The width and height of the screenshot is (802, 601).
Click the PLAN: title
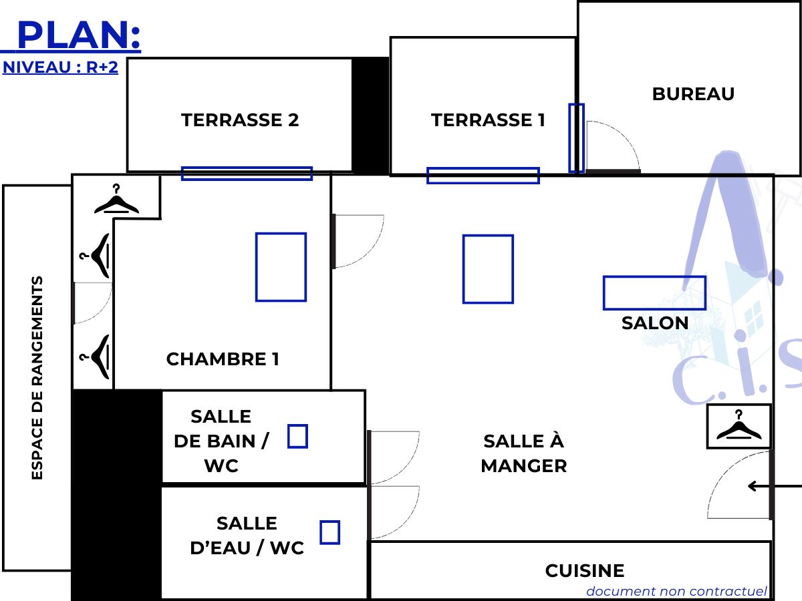tap(79, 35)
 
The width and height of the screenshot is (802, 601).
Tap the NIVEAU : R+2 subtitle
tap(60, 67)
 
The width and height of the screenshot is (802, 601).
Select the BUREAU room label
tap(693, 93)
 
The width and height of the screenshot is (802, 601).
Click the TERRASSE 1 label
tap(488, 120)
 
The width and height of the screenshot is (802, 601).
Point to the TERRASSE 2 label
tap(240, 120)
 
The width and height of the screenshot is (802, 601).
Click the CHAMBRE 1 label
tap(223, 359)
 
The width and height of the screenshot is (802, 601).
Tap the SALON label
tap(655, 323)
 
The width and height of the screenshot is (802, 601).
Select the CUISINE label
tap(585, 571)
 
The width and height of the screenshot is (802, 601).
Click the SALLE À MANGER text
tap(523, 453)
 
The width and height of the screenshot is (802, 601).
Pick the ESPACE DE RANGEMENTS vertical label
tap(37, 378)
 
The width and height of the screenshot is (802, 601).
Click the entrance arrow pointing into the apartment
tap(775, 486)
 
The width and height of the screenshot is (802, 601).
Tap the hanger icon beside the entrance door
tap(739, 425)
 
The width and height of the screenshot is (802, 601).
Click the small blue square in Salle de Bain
tap(297, 436)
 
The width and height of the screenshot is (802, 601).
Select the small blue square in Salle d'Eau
tap(329, 532)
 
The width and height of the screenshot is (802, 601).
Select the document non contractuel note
tap(676, 591)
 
